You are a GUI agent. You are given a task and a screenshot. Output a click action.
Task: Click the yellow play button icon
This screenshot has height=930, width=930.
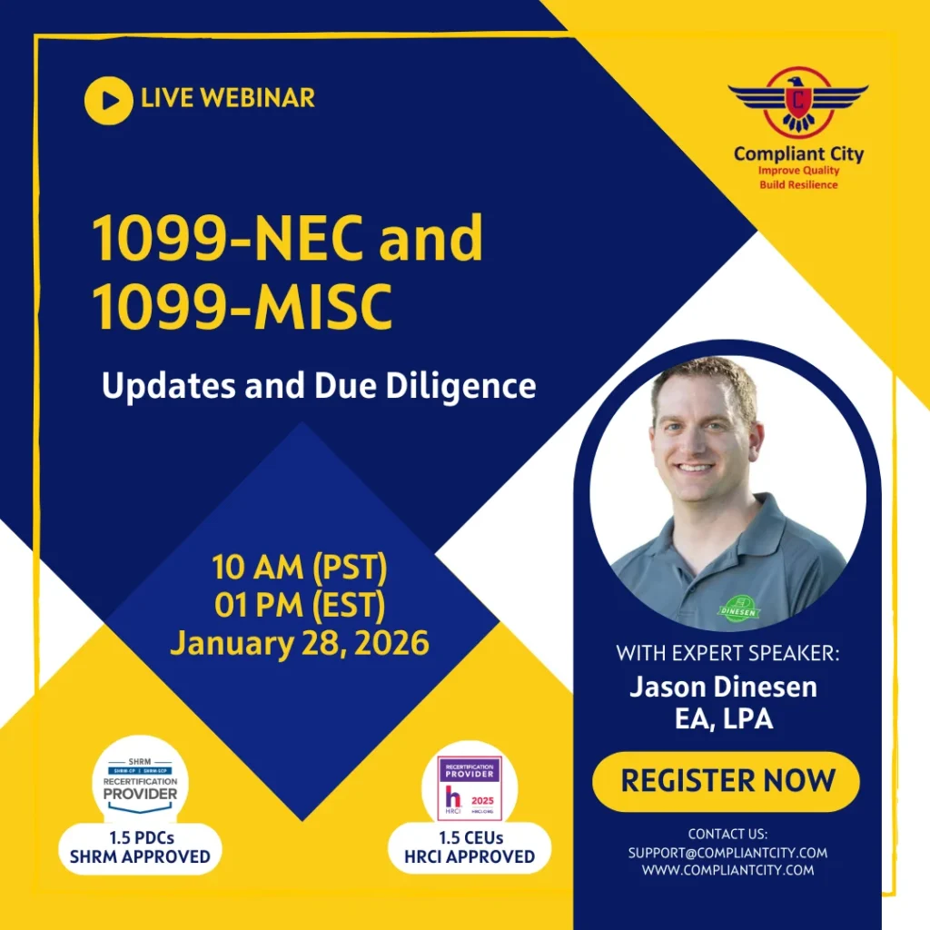tap(109, 100)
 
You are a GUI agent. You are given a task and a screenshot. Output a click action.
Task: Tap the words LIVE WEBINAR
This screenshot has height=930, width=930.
tap(228, 98)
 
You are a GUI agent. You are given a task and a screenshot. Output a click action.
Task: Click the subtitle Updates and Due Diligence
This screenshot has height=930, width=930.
tap(319, 386)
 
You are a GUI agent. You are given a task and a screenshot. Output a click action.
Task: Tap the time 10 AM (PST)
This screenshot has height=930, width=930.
tap(300, 568)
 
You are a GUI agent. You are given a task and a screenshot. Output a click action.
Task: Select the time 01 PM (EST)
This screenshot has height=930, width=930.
tap(300, 605)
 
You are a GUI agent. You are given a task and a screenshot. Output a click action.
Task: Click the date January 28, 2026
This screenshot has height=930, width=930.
tap(300, 643)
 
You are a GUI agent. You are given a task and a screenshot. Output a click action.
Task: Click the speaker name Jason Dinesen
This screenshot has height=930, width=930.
tap(723, 687)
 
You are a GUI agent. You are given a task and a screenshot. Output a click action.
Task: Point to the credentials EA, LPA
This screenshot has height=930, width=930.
tap(723, 720)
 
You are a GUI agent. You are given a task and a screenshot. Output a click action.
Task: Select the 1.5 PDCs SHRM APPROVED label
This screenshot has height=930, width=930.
tap(140, 847)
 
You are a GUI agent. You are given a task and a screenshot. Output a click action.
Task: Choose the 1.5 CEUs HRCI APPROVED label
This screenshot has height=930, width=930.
tap(470, 847)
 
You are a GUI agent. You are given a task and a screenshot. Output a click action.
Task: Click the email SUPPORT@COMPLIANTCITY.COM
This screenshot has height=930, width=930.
tap(727, 853)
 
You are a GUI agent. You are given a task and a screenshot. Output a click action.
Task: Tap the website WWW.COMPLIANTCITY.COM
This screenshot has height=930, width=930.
tap(727, 870)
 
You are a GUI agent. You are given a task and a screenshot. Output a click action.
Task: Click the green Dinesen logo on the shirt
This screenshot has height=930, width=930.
tap(738, 608)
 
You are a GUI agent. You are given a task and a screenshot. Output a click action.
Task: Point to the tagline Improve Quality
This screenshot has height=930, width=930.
tap(799, 171)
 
